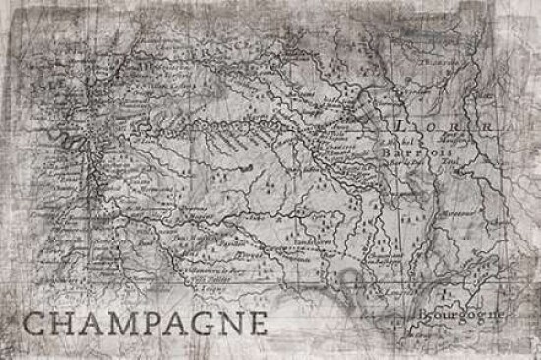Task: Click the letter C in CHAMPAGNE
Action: pyautogui.click(x=32, y=324)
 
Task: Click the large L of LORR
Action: pyautogui.click(x=399, y=127)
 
